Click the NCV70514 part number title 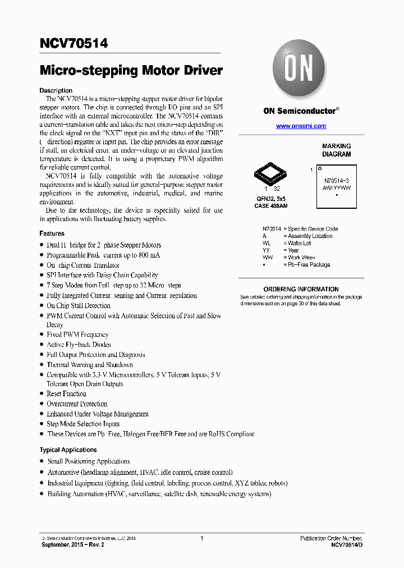74,43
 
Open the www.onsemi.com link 301,126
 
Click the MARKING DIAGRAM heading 336,150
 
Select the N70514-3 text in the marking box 337,180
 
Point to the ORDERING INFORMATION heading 301,289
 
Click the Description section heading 56,90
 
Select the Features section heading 52,233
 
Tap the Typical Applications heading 68,450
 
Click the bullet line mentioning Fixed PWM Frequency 77,335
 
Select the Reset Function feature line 66,394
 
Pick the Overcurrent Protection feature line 77,404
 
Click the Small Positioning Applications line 89,461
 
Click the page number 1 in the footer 201,538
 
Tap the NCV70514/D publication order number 347,545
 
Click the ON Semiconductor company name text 299,111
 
